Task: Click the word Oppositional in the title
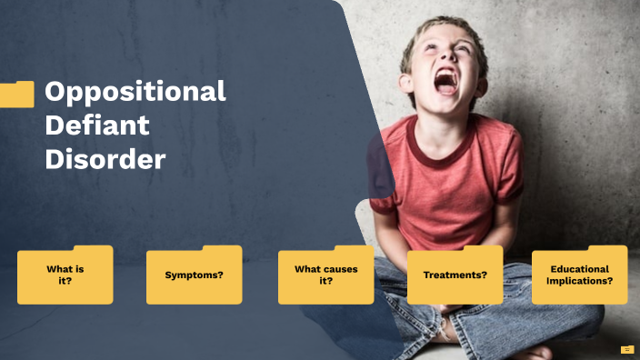click(135, 92)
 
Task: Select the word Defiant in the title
click(97, 125)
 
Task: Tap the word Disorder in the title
click(105, 159)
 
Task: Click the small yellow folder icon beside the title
click(16, 94)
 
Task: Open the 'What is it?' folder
click(65, 275)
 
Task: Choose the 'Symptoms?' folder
click(194, 275)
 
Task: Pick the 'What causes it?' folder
click(325, 275)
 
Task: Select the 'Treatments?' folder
click(455, 275)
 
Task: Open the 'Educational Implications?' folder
click(579, 275)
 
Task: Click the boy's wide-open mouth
click(446, 83)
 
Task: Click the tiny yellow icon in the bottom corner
click(627, 349)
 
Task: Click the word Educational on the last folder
click(580, 269)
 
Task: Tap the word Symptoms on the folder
click(191, 275)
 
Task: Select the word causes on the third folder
click(340, 269)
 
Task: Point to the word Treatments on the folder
click(452, 275)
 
